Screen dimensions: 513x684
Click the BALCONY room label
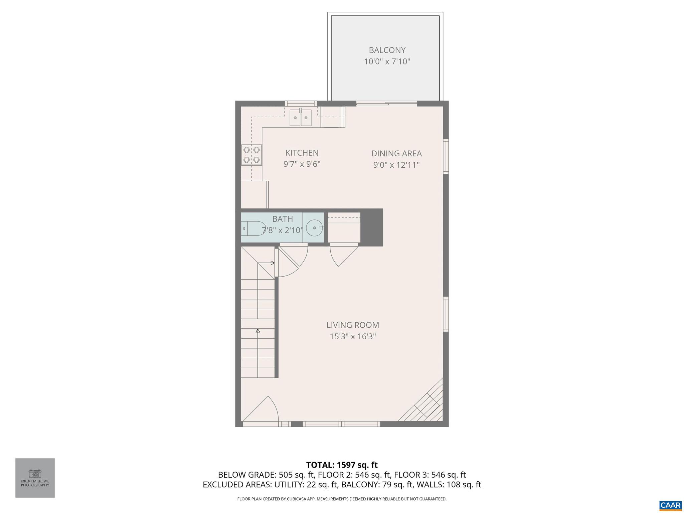click(x=387, y=50)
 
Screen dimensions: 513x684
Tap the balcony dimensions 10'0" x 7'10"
click(x=387, y=62)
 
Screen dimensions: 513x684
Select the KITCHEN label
click(x=302, y=153)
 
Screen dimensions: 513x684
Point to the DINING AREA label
click(x=396, y=154)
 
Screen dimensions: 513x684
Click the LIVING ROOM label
click(x=353, y=325)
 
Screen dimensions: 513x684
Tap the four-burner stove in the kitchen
click(x=251, y=155)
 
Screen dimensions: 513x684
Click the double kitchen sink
click(x=300, y=118)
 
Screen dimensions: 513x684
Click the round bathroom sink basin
click(x=314, y=228)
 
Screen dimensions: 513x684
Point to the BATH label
click(x=283, y=219)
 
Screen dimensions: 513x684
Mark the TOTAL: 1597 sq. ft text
click(x=342, y=465)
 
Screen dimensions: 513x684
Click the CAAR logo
click(x=670, y=505)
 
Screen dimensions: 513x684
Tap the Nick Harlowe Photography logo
click(x=35, y=478)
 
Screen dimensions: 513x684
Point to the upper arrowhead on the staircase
click(x=273, y=263)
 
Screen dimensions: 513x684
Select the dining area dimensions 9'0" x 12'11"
click(x=396, y=165)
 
